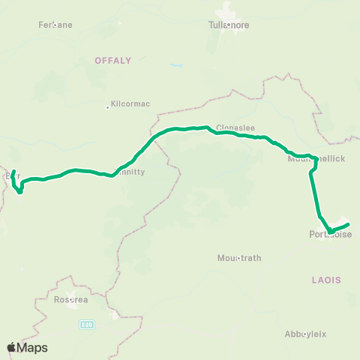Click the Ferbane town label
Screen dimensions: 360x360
[55, 25]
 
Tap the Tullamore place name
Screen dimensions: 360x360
[227, 24]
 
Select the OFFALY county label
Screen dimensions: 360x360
[113, 60]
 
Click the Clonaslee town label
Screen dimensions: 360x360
[231, 127]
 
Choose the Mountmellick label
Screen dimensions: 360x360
[316, 160]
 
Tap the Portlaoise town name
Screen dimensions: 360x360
[330, 234]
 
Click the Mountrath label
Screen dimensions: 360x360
[239, 257]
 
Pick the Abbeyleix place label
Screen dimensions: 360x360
[304, 334]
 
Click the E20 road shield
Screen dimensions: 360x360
[86, 324]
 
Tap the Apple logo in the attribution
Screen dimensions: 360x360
[11, 347]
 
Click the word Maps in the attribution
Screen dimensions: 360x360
[33, 347]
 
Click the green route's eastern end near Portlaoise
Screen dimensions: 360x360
[349, 223]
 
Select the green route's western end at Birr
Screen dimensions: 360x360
[14, 172]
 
